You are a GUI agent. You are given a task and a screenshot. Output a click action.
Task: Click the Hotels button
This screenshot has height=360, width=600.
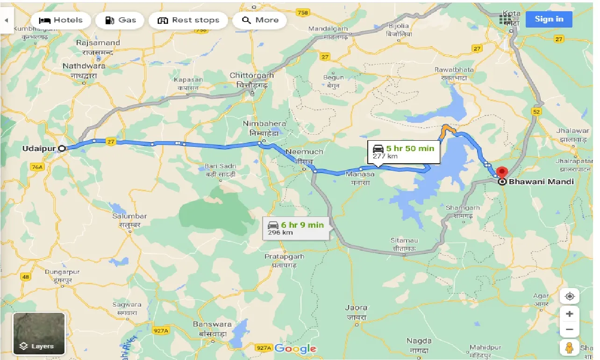point(60,20)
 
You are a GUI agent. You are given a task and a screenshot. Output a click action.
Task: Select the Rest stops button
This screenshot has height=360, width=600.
point(188,20)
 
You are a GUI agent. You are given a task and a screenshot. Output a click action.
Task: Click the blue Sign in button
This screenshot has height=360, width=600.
point(549,19)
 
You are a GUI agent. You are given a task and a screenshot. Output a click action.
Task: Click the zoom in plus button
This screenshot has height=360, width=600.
point(569,314)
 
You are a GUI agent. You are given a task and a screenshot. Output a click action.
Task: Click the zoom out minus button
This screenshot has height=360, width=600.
point(569,330)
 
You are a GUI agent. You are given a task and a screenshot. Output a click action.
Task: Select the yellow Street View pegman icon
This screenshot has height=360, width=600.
point(569,348)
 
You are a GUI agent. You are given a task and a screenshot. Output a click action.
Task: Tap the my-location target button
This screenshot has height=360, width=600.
point(569,296)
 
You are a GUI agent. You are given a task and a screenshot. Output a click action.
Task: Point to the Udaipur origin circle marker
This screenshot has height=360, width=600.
point(62,148)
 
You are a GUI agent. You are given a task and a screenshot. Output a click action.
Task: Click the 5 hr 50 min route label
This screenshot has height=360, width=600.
point(403,151)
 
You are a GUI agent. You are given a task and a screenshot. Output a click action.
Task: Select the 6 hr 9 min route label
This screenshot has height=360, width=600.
point(296,228)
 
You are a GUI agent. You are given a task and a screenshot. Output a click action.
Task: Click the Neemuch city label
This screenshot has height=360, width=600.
point(304,152)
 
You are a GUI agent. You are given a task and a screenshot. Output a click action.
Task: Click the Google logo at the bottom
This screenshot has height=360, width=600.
point(295,348)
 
